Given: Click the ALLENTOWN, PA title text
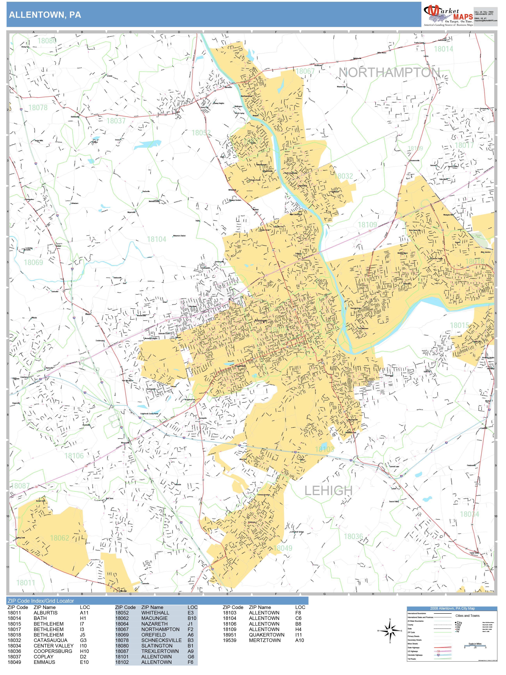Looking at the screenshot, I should coord(45,15).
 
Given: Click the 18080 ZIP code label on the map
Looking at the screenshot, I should coord(47,41).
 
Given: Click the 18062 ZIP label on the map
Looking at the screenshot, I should coord(60,538).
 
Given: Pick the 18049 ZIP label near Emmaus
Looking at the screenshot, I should coord(282,548).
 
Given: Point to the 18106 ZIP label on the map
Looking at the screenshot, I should coord(74,456).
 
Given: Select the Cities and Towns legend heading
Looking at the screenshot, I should coord(467,616).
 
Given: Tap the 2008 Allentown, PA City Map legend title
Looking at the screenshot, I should coord(452,608).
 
